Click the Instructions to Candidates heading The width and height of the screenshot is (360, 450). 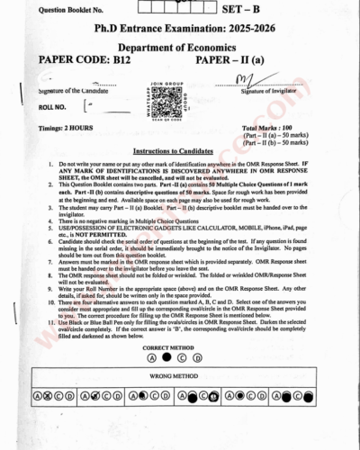[x=180, y=151]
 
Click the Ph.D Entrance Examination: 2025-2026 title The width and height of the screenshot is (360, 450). [x=181, y=31]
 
